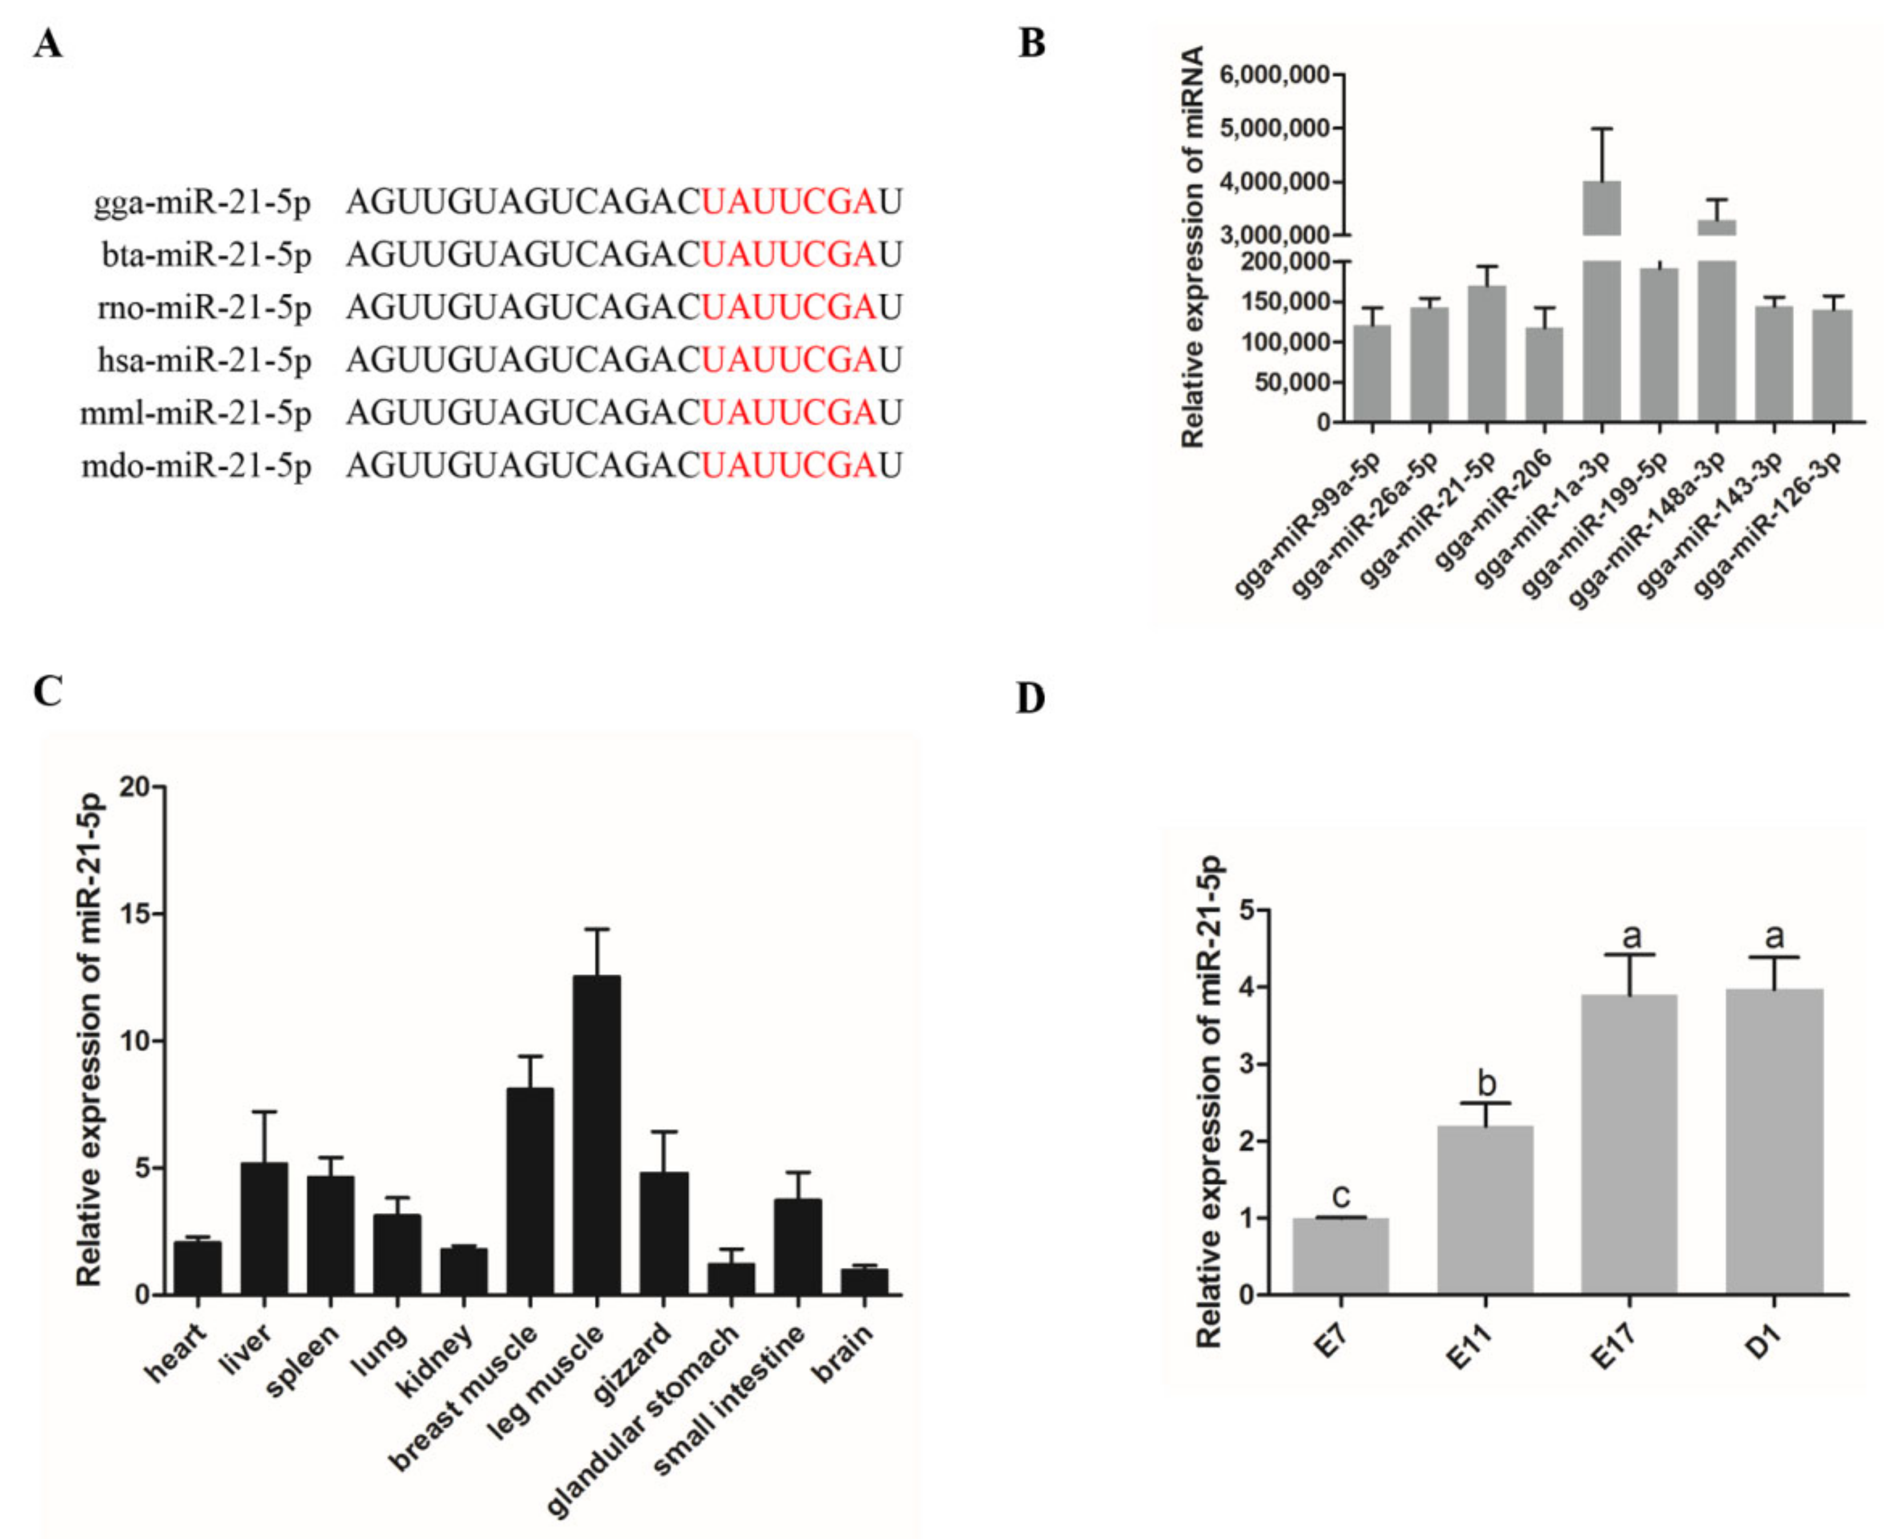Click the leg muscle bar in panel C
[597, 1135]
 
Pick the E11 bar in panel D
[1485, 1210]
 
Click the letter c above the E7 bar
[1341, 1198]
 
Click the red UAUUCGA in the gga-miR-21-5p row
[789, 203]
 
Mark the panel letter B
[1031, 43]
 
